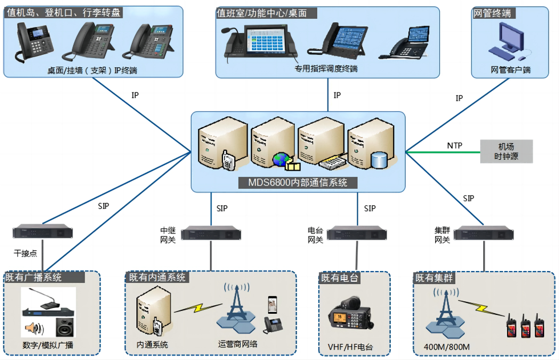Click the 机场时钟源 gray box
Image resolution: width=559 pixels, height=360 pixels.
pos(506,151)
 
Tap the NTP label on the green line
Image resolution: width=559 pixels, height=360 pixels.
pos(455,145)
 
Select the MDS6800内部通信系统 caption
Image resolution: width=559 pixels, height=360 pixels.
pos(298,183)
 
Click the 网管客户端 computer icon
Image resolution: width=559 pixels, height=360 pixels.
pos(509,43)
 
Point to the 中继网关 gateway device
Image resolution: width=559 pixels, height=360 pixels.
pos(210,233)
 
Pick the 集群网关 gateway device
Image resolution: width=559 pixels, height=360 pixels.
pos(485,233)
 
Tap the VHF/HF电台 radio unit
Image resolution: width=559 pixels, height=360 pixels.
pos(350,317)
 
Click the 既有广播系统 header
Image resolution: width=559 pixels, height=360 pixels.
pos(34,278)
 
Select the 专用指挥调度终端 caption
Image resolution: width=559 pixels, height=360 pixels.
pos(326,69)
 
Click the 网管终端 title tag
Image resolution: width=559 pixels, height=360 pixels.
pos(492,13)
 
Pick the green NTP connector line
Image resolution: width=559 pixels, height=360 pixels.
pos(434,152)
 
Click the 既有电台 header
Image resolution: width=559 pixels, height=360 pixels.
pos(340,278)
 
